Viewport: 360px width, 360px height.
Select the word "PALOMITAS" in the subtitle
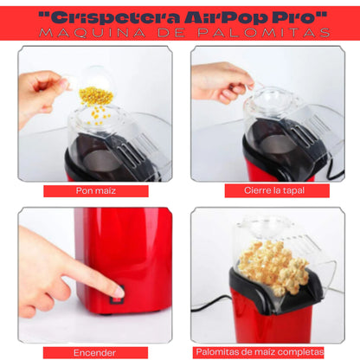point(264,33)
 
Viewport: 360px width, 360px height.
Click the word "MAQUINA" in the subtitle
point(93,33)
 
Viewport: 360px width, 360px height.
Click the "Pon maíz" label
point(96,190)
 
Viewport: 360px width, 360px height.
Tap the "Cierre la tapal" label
point(274,190)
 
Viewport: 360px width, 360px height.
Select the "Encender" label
point(94,353)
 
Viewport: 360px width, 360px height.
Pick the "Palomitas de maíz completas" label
point(260,352)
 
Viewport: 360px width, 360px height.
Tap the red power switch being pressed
point(117,295)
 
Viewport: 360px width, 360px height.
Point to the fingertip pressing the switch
point(119,292)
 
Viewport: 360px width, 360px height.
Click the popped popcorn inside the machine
point(273,267)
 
